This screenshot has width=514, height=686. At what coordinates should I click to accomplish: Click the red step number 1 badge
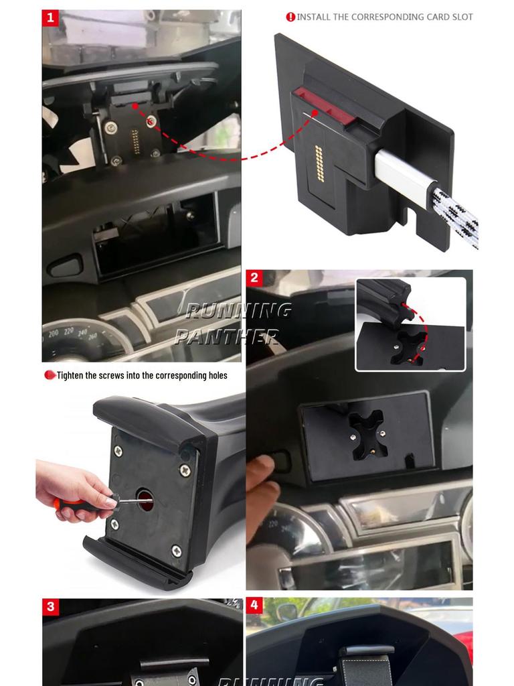50,17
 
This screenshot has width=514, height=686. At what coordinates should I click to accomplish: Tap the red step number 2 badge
254,278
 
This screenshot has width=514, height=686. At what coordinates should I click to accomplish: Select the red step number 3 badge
51,607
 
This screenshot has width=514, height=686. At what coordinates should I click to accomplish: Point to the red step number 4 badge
254,606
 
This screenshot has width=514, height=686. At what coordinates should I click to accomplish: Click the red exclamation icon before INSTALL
290,17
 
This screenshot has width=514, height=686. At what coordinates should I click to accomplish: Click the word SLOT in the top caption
460,17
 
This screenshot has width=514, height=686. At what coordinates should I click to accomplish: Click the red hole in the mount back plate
145,498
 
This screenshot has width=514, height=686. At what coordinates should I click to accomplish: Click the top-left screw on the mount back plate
118,451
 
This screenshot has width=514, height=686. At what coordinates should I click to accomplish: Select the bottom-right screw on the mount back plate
176,551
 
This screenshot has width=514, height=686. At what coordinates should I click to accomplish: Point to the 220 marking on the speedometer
69,330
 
